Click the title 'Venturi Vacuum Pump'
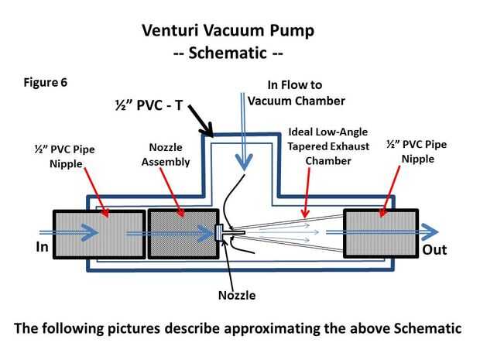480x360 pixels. pos(228,32)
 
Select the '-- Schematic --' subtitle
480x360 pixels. pos(228,56)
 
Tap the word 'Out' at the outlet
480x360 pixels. pos(434,250)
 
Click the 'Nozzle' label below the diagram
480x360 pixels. pos(236,295)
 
